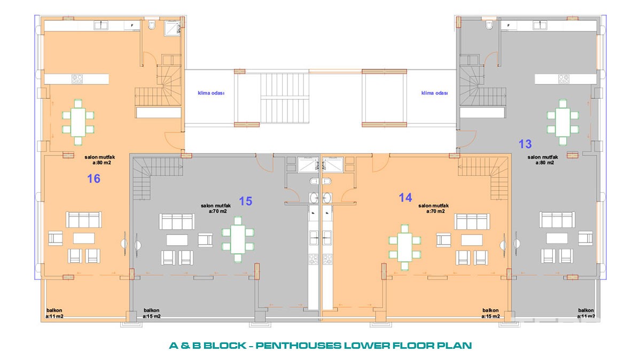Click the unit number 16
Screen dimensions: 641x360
click(93, 178)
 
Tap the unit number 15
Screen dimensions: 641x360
click(246, 201)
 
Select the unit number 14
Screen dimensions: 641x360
click(405, 198)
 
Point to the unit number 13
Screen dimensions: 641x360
click(525, 144)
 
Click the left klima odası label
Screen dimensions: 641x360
click(211, 93)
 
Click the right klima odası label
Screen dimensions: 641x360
click(435, 93)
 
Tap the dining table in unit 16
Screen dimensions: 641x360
click(78, 122)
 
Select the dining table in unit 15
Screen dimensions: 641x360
click(238, 239)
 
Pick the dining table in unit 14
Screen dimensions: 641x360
click(405, 247)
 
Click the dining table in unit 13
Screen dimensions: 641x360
click(563, 122)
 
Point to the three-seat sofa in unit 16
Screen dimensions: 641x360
click(84, 220)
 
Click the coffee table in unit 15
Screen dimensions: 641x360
click(177, 240)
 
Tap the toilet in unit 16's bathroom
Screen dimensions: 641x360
click(152, 25)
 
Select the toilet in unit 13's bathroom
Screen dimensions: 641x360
click(489, 25)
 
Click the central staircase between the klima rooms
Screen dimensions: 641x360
click(285, 98)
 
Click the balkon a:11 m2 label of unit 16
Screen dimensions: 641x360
click(54, 314)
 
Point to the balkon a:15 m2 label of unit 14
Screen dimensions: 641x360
click(490, 314)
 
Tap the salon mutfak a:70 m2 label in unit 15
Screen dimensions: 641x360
click(216, 208)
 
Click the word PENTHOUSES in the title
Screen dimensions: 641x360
click(299, 346)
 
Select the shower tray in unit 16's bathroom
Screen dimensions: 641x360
click(172, 28)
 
